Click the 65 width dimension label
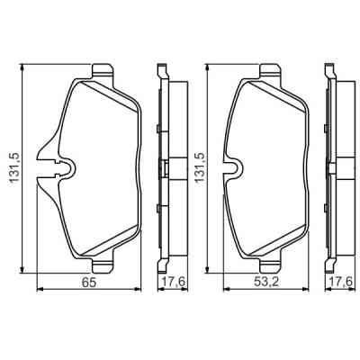tap(89, 283)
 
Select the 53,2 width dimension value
tap(266, 283)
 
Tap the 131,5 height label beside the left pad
tap(14, 167)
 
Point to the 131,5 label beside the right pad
tap(200, 167)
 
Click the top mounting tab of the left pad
tap(103, 71)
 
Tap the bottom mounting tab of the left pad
tap(103, 265)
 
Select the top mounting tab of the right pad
tap(271, 71)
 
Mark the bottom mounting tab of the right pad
tap(271, 265)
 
